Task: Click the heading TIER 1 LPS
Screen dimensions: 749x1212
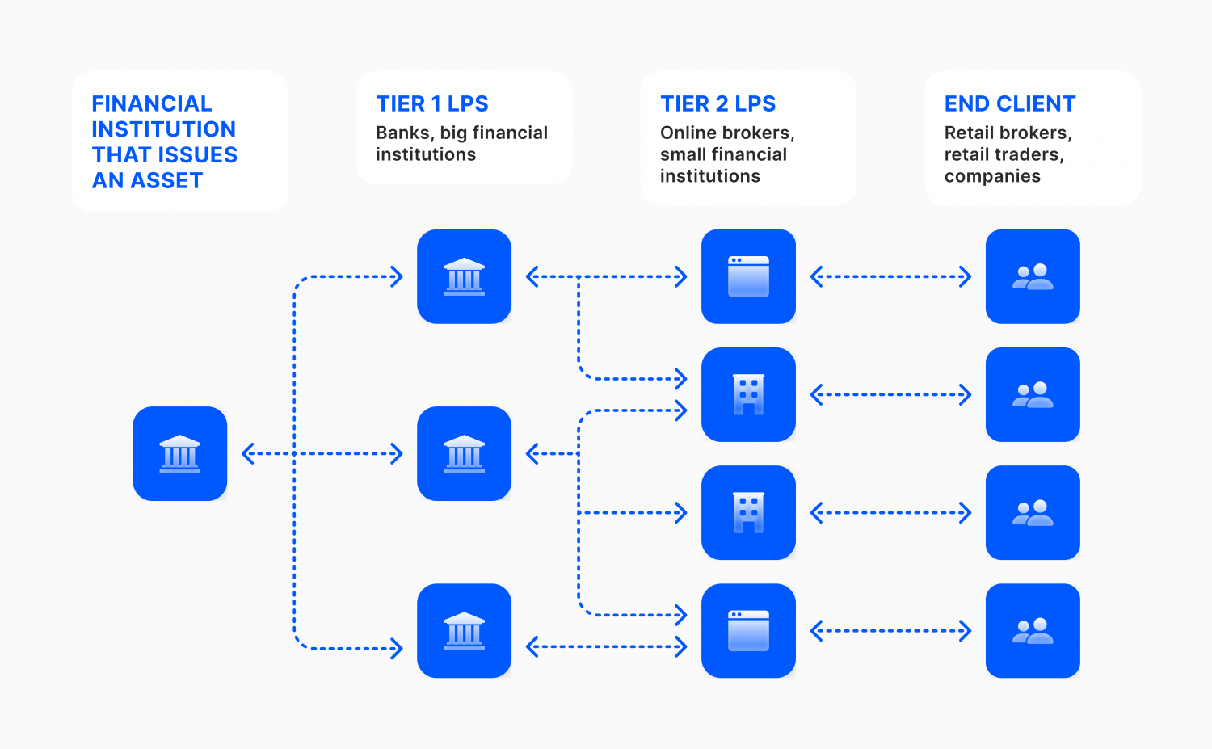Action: pyautogui.click(x=432, y=104)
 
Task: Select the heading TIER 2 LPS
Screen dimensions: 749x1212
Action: pyautogui.click(x=718, y=104)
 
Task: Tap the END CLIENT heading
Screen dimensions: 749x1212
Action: pyautogui.click(x=1010, y=104)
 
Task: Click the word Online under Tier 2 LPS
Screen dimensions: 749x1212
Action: pyautogui.click(x=685, y=133)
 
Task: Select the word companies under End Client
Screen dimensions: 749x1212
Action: pyautogui.click(x=992, y=177)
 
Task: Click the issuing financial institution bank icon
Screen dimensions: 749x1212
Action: pyautogui.click(x=180, y=453)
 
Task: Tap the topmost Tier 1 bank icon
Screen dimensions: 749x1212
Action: pyautogui.click(x=465, y=276)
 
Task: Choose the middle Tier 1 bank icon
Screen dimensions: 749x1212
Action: pyautogui.click(x=465, y=453)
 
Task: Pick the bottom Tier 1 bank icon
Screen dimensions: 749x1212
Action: pyautogui.click(x=465, y=630)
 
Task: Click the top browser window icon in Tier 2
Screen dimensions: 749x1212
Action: pyautogui.click(x=748, y=276)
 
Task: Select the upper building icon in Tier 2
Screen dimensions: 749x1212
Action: pyautogui.click(x=748, y=394)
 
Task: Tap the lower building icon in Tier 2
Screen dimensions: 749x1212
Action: pyautogui.click(x=748, y=512)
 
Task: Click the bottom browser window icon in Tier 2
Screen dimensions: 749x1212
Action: pyautogui.click(x=748, y=630)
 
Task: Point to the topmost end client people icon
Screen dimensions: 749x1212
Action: pyautogui.click(x=1033, y=276)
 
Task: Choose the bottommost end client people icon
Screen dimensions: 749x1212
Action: pyautogui.click(x=1033, y=630)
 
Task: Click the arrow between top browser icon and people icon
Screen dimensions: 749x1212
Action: pyautogui.click(x=890, y=277)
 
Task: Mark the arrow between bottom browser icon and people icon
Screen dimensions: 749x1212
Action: pyautogui.click(x=890, y=631)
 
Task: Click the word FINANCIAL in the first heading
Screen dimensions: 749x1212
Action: pyautogui.click(x=152, y=104)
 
